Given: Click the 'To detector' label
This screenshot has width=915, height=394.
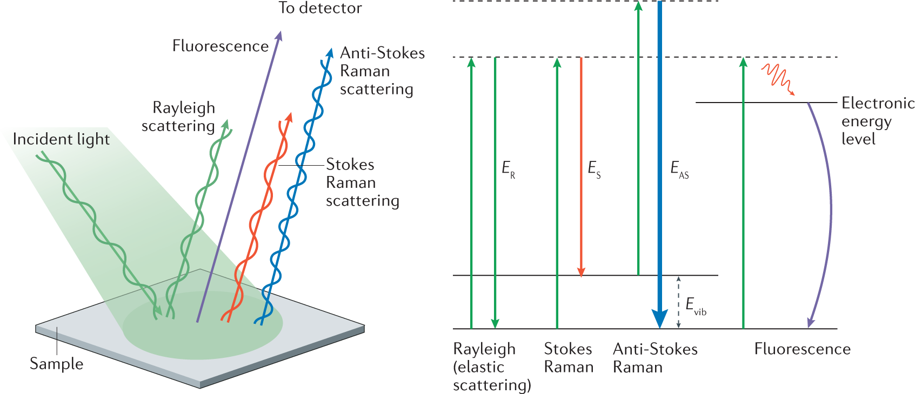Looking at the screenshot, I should [x=320, y=8].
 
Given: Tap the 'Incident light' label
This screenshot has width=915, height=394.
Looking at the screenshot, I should [x=61, y=139].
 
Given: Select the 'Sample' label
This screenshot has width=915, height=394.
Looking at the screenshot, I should [x=57, y=364].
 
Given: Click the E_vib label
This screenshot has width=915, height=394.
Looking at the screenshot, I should [x=696, y=305].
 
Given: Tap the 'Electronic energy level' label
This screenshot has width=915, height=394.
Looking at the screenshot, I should [x=877, y=121].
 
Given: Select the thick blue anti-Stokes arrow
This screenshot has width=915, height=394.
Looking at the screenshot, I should [x=659, y=162].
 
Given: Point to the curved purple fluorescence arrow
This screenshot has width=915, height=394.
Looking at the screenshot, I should [x=827, y=210].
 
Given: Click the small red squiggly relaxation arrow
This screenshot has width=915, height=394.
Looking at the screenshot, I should [x=778, y=79].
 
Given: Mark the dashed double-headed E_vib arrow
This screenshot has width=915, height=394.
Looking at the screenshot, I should [x=679, y=302].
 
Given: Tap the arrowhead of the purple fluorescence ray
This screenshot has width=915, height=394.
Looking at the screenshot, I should [x=279, y=35].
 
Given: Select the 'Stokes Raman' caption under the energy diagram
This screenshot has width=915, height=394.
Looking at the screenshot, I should [x=569, y=358].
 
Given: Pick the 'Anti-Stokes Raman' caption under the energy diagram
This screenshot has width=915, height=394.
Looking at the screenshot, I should [x=655, y=358].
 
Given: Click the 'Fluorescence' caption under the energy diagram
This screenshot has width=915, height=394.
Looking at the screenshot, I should [x=802, y=349].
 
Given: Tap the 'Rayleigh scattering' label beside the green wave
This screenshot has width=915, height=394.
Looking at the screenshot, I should [x=178, y=117].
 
